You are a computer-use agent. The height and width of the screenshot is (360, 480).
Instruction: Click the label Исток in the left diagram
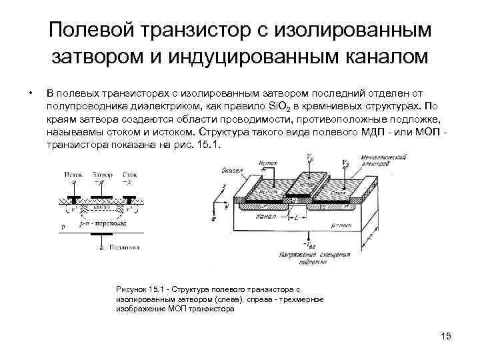pos(73,174)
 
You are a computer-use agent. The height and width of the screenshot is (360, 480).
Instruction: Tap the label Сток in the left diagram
pos(129,174)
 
